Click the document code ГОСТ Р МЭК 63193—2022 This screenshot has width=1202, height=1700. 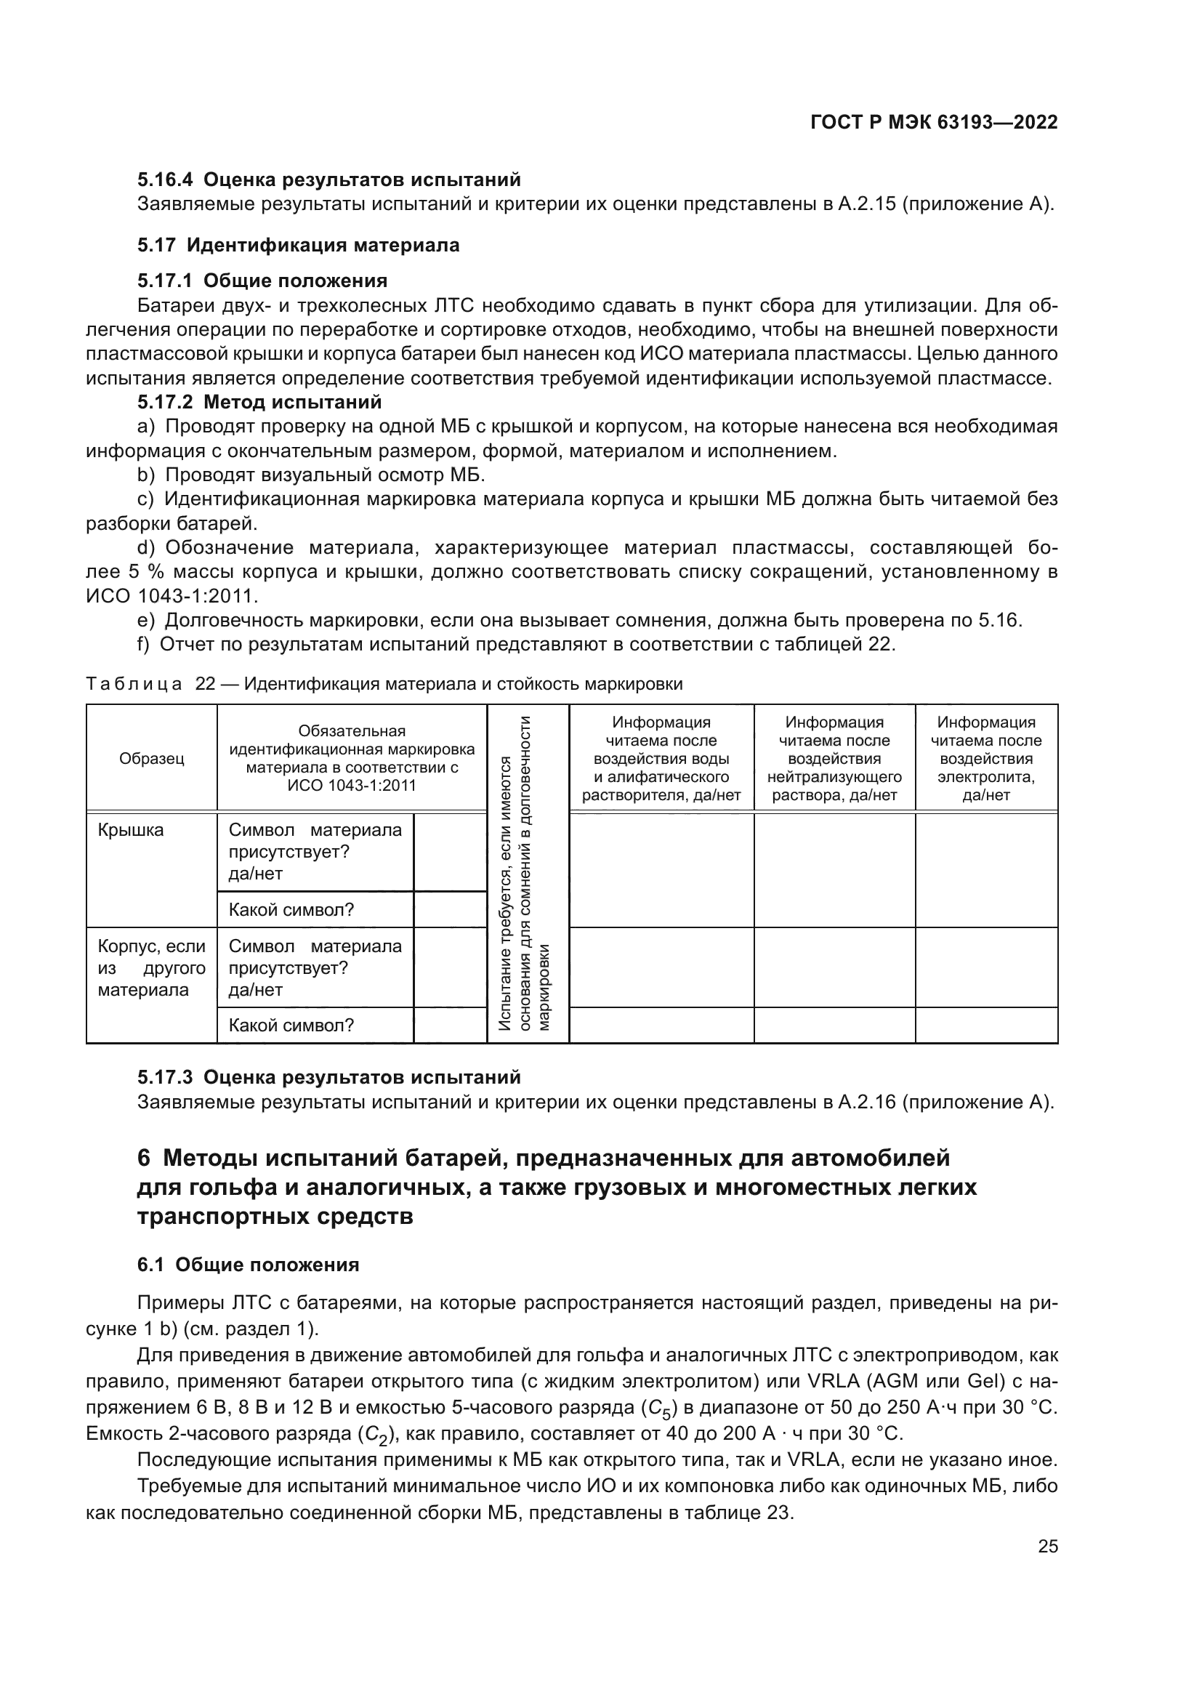[x=933, y=122]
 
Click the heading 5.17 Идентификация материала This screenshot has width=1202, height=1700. [x=298, y=245]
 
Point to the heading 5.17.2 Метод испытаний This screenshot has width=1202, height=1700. [x=259, y=403]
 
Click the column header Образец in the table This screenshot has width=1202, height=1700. [x=152, y=759]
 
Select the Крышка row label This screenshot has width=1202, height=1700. [x=130, y=831]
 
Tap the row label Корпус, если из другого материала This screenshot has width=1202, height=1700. [x=151, y=967]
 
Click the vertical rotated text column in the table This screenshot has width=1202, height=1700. [x=526, y=874]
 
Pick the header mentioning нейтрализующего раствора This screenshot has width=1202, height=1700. [x=834, y=759]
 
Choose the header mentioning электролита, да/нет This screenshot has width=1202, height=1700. [x=986, y=759]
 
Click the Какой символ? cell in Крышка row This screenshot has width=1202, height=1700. [x=291, y=910]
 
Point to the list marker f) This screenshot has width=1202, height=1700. [x=145, y=644]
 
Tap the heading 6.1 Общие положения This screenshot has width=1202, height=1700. [x=248, y=1265]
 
